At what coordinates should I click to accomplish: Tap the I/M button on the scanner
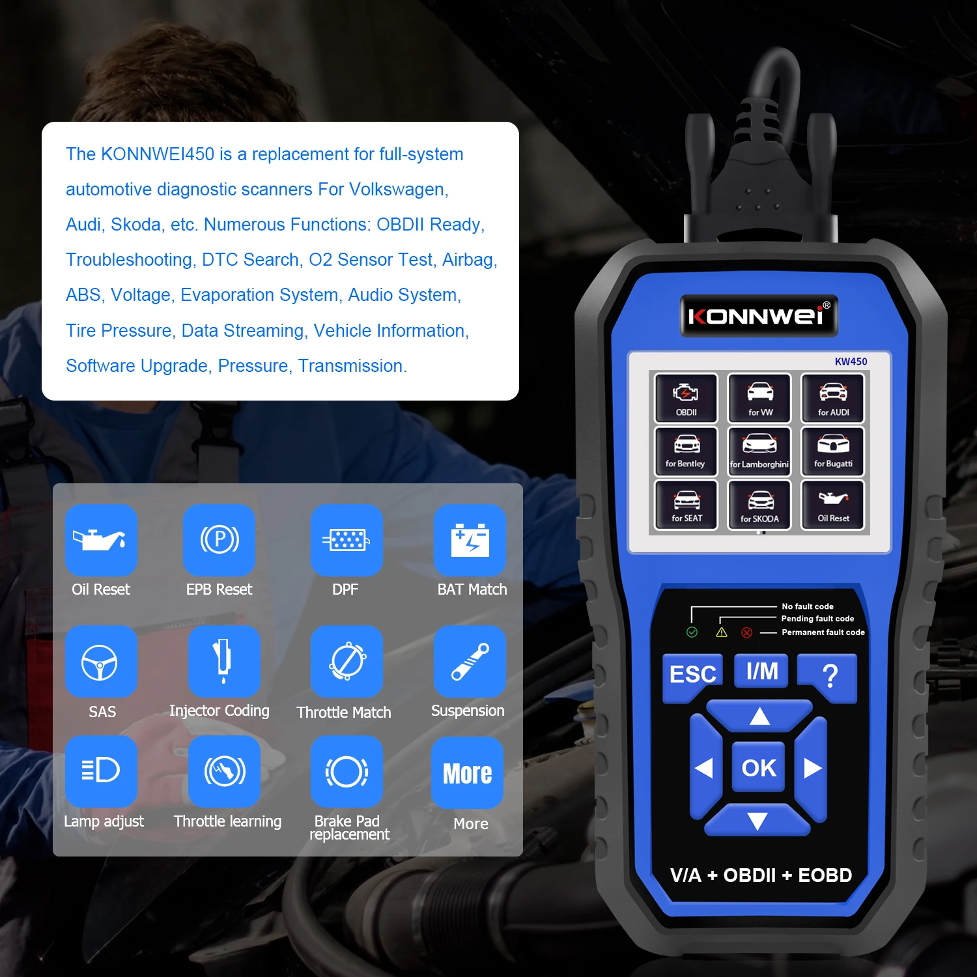click(x=761, y=671)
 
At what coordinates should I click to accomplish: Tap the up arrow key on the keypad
click(x=759, y=717)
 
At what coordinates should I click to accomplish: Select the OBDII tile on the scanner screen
click(x=686, y=398)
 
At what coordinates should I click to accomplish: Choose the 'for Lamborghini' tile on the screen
click(x=759, y=451)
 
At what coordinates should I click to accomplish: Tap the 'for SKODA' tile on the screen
click(x=759, y=505)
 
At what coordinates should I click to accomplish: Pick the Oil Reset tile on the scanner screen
click(x=834, y=505)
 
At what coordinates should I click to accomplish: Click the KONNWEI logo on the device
click(x=759, y=316)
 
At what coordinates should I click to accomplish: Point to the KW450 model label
click(x=851, y=361)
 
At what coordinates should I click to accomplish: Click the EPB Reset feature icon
click(x=219, y=540)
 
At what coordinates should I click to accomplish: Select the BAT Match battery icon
click(x=470, y=540)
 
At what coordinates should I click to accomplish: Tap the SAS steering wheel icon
click(x=100, y=662)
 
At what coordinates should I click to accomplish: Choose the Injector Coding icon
click(x=223, y=661)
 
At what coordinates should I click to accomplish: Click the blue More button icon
click(x=467, y=773)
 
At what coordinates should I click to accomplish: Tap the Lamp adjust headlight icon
click(x=101, y=771)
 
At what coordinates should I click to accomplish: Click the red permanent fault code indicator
click(x=747, y=632)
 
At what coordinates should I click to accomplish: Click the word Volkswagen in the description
click(x=397, y=190)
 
